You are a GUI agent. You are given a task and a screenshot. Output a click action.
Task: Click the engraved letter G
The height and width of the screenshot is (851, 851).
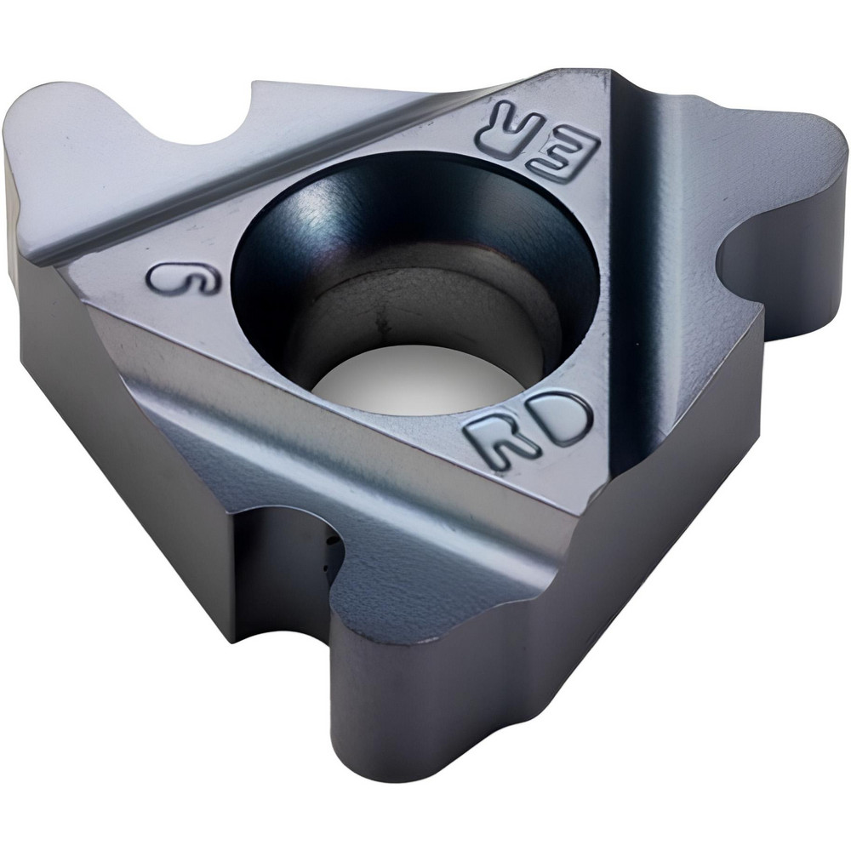(183, 278)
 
